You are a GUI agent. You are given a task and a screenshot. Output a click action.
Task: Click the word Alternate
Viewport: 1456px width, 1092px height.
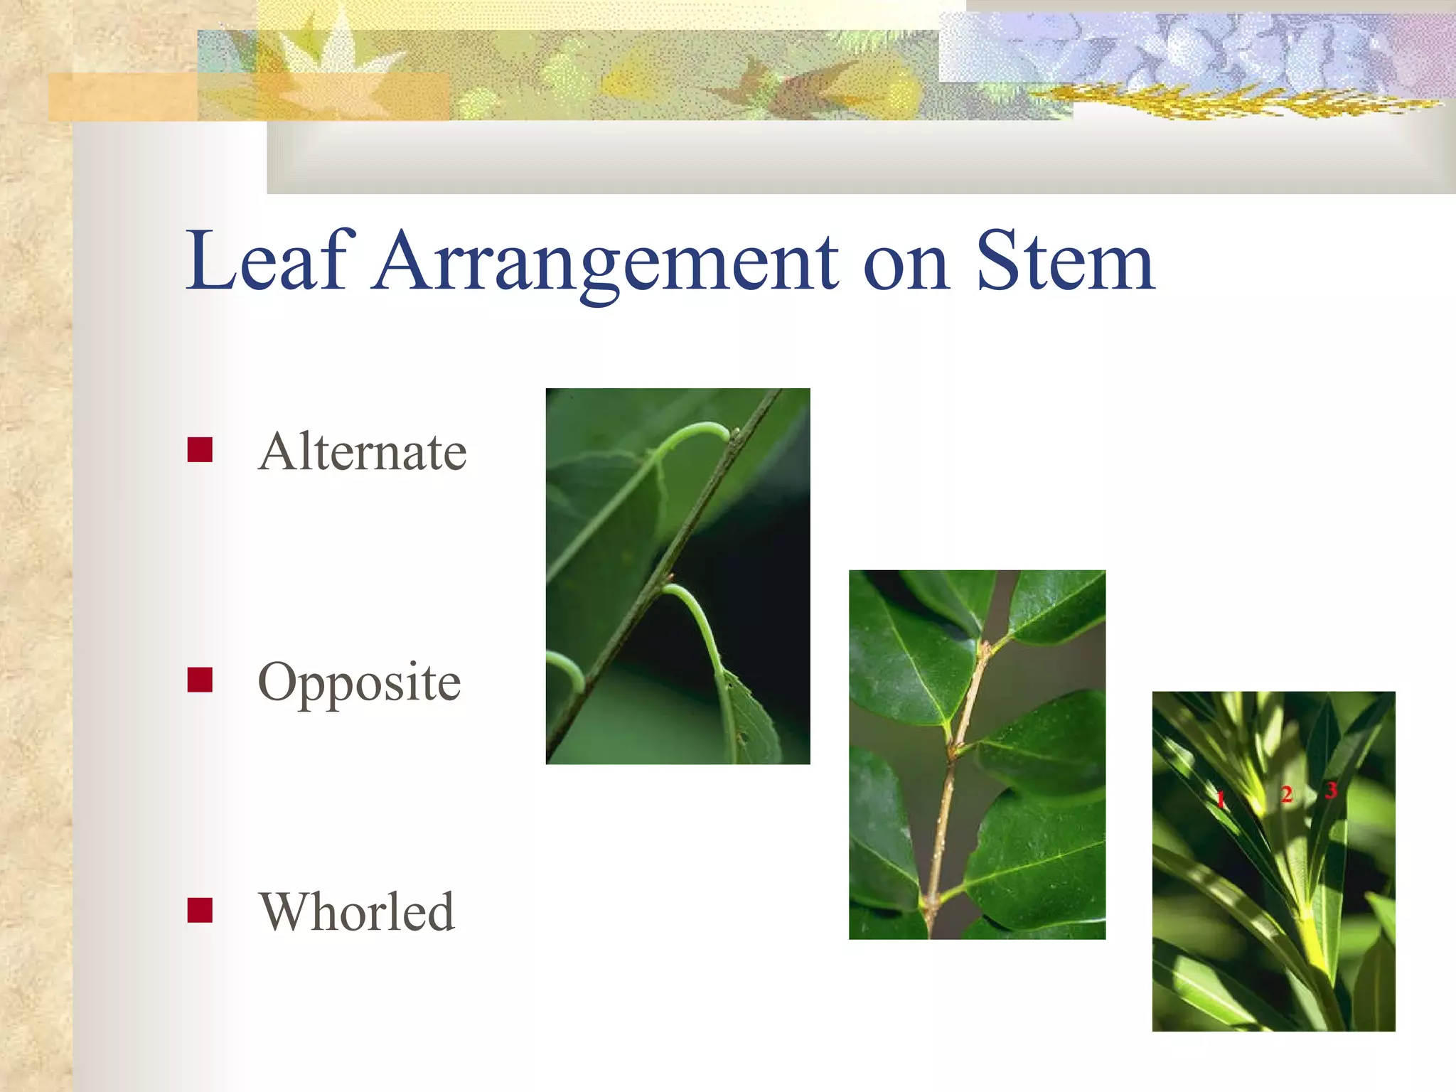click(x=362, y=451)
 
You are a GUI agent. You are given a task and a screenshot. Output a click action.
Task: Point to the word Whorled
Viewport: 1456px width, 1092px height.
click(x=357, y=911)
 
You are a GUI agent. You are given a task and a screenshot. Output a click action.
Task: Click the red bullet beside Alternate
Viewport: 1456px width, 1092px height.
click(x=200, y=449)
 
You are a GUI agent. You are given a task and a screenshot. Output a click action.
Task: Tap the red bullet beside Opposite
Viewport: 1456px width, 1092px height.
click(x=200, y=680)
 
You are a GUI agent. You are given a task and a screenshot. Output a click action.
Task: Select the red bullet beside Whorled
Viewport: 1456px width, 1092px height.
click(x=200, y=910)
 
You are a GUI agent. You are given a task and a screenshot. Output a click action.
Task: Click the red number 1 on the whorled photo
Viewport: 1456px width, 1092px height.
click(x=1220, y=798)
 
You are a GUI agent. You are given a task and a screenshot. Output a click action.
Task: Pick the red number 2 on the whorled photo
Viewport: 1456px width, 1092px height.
click(x=1286, y=794)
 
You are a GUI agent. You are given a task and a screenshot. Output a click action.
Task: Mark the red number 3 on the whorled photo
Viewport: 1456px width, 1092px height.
click(x=1331, y=789)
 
